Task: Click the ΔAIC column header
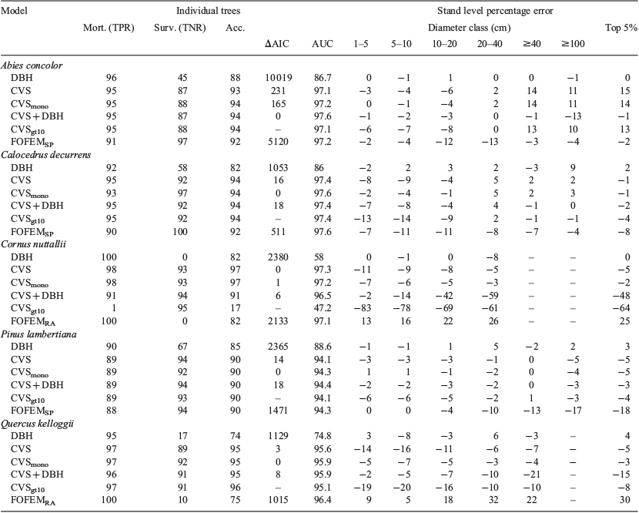click(277, 44)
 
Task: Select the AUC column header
click(323, 44)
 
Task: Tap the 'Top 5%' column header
click(621, 28)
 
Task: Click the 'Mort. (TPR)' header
click(109, 28)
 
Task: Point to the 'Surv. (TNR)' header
click(179, 28)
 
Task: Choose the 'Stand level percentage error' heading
click(495, 11)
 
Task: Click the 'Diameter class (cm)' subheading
click(469, 28)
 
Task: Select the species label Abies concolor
click(32, 65)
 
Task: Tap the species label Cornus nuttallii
click(33, 244)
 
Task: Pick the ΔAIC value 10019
click(279, 78)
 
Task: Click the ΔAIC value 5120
click(279, 142)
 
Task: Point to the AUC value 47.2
click(323, 308)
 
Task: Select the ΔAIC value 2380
click(279, 257)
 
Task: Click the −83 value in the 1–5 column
click(363, 308)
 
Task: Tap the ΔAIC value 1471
click(279, 411)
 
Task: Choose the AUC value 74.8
click(323, 436)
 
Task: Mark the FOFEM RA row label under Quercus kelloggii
click(33, 501)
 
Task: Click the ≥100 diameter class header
click(573, 44)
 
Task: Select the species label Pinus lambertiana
click(38, 334)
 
